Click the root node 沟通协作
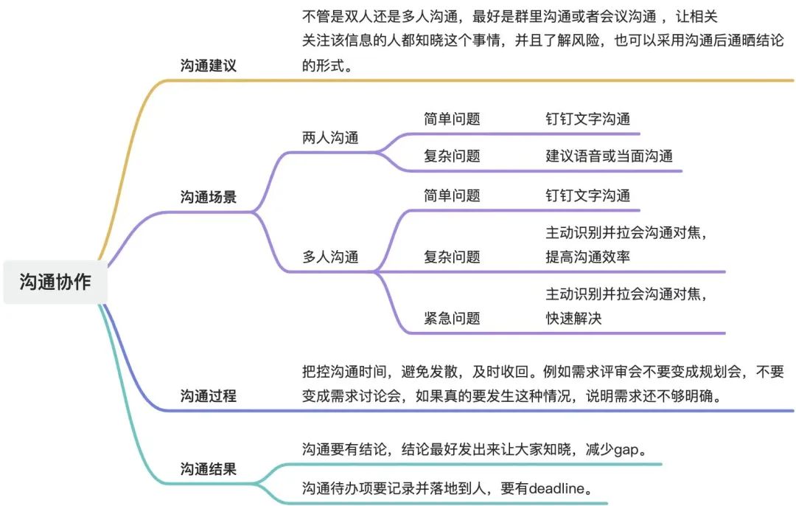click(55, 282)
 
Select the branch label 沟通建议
click(209, 65)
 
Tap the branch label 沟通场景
click(209, 197)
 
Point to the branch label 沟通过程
click(209, 395)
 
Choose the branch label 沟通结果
click(209, 468)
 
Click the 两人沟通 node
click(330, 138)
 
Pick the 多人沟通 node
click(330, 257)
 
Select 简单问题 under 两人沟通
click(452, 119)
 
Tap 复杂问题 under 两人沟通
click(452, 156)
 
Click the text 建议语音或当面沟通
click(609, 156)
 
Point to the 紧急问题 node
click(452, 318)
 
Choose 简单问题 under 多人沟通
click(452, 195)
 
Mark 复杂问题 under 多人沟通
click(452, 257)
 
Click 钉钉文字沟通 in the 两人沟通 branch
click(587, 119)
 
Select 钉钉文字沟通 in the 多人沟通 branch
click(587, 195)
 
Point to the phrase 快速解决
click(573, 318)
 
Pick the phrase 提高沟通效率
click(587, 257)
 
